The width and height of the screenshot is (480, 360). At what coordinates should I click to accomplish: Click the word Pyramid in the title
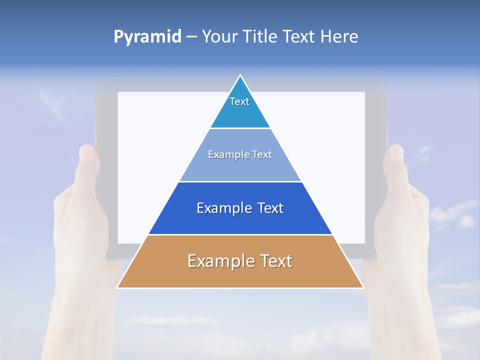(x=147, y=37)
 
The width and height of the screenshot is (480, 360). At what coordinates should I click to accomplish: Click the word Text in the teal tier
(x=239, y=101)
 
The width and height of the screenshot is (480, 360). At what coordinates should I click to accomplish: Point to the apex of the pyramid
(x=240, y=76)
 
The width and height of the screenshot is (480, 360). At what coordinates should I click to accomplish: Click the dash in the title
(x=191, y=37)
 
